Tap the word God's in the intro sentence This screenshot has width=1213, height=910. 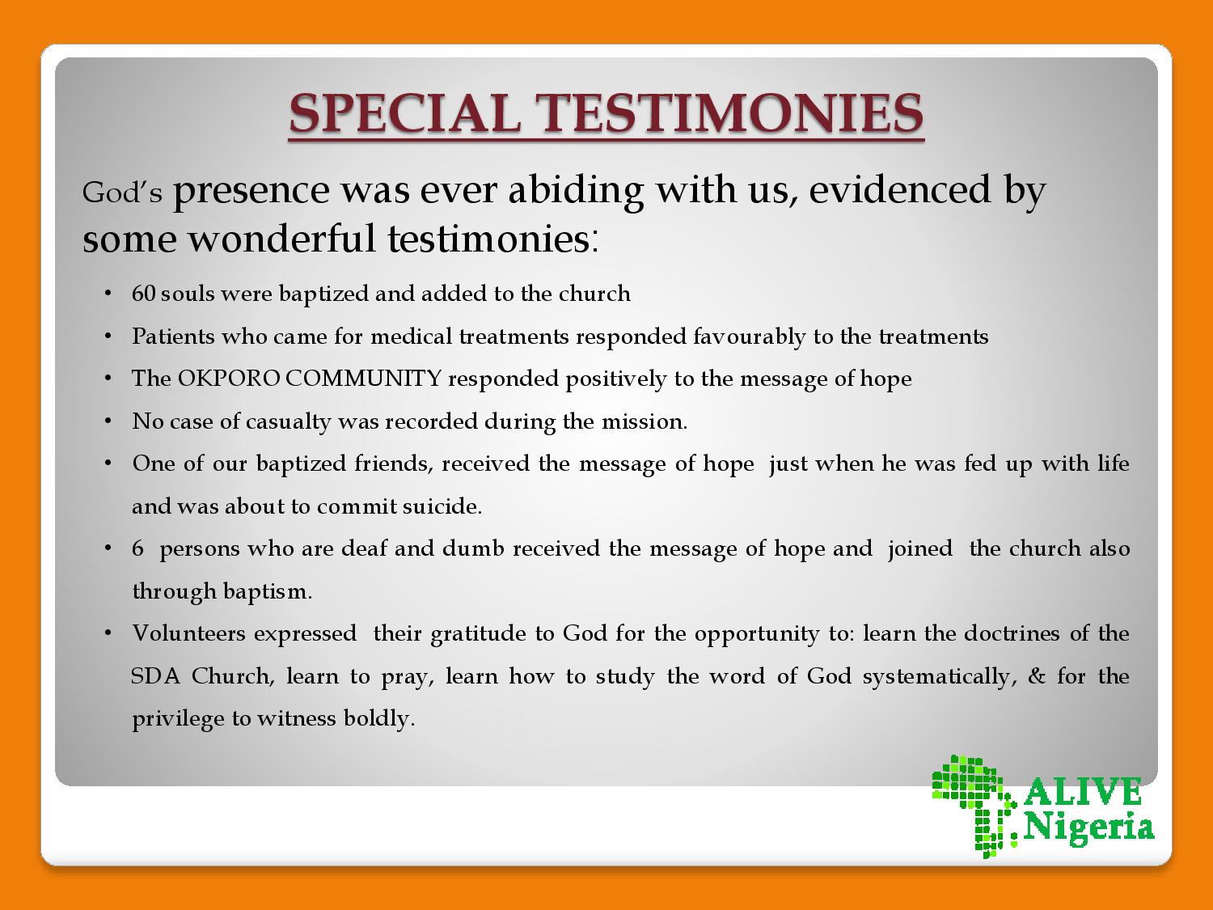click(x=122, y=193)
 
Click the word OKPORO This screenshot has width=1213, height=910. click(x=228, y=379)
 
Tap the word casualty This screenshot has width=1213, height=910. click(x=288, y=423)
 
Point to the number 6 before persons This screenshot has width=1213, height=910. click(x=137, y=548)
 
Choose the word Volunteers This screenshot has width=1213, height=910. click(x=189, y=633)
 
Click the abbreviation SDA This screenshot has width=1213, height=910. click(x=156, y=676)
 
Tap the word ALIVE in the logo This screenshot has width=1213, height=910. click(x=1083, y=793)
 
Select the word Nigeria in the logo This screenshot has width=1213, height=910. click(x=1088, y=828)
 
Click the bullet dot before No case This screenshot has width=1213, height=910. click(x=108, y=421)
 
